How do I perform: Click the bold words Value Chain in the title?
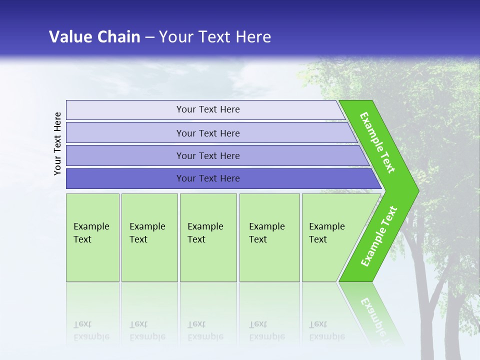click(x=94, y=36)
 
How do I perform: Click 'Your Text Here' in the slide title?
click(x=215, y=36)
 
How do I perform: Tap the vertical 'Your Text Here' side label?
click(x=57, y=144)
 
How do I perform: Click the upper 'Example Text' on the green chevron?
click(x=377, y=143)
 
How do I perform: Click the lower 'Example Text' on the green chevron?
click(x=378, y=236)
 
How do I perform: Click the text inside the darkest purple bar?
click(x=208, y=178)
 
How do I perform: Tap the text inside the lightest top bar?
click(x=208, y=109)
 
